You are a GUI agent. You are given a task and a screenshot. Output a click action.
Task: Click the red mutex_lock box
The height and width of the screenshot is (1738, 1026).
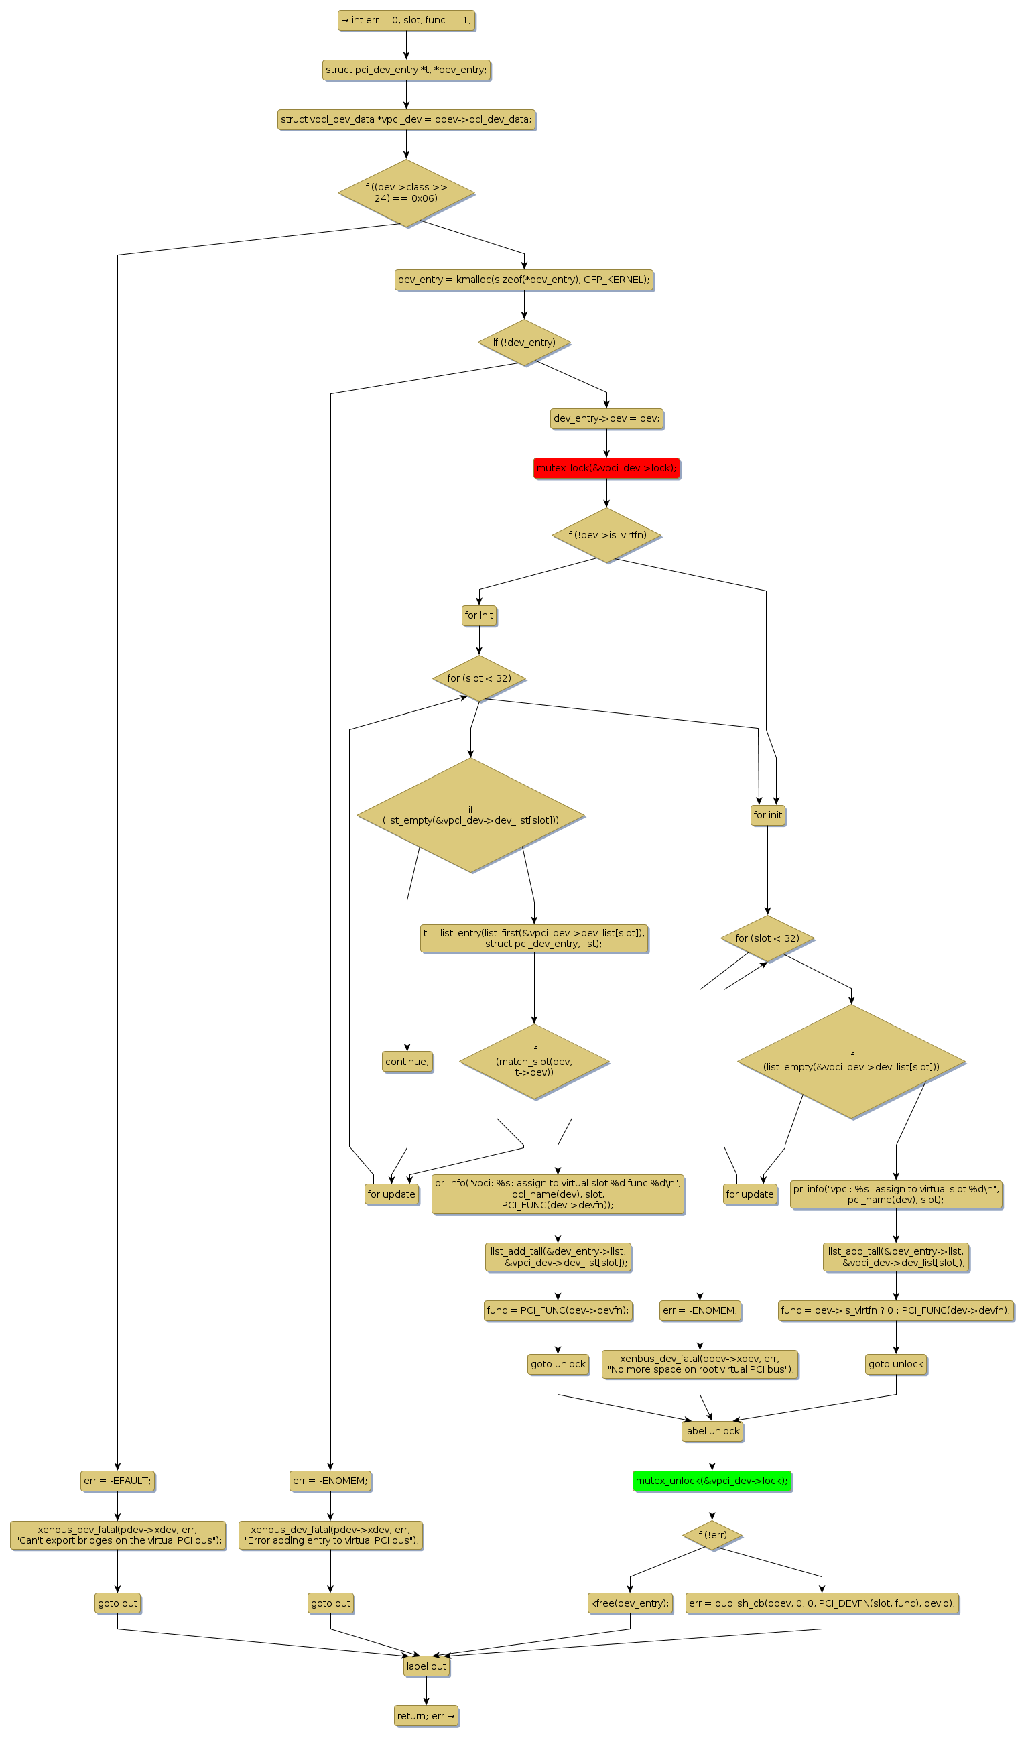[606, 468]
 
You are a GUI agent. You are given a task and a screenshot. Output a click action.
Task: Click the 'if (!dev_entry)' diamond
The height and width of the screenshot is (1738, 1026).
[524, 343]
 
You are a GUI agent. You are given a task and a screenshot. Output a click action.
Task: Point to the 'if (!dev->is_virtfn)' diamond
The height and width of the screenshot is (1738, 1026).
[606, 535]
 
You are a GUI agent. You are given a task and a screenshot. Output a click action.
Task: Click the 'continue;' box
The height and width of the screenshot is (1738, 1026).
[407, 1061]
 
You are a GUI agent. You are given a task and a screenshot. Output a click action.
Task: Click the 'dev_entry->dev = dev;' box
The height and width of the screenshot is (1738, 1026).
[606, 418]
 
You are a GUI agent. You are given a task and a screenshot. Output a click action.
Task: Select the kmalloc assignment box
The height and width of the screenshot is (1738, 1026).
[524, 280]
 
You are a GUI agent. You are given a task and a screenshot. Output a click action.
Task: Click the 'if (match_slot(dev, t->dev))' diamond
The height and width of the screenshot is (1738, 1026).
[533, 1061]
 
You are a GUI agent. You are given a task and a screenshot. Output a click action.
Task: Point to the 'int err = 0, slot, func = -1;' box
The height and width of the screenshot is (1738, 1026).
[407, 20]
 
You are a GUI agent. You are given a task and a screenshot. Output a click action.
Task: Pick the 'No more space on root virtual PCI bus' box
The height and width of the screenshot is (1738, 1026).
[700, 1364]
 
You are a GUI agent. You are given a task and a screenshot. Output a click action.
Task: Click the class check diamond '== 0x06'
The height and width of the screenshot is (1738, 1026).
[407, 193]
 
